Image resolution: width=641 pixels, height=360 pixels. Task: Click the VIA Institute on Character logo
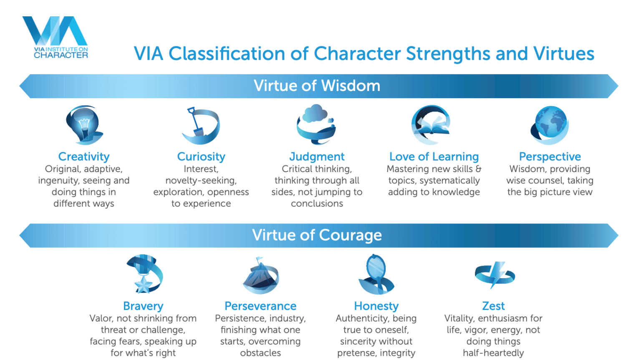click(56, 37)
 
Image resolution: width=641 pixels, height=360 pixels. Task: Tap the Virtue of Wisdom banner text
click(317, 86)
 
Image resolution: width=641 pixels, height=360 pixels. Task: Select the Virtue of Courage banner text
click(317, 235)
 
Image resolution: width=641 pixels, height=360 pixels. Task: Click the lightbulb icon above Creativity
click(84, 125)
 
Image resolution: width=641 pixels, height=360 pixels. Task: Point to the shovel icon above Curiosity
click(201, 125)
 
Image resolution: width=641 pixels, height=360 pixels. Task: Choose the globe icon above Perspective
click(550, 125)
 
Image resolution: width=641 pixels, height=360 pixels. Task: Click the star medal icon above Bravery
click(144, 274)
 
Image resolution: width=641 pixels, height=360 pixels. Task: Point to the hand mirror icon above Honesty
click(376, 274)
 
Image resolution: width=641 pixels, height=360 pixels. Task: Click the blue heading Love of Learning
click(434, 157)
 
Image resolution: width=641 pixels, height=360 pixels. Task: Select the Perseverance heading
click(260, 306)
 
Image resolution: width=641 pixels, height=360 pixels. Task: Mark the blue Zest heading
click(493, 306)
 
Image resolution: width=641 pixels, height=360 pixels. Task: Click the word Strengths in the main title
click(448, 53)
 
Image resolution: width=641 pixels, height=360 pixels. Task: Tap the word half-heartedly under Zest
click(493, 353)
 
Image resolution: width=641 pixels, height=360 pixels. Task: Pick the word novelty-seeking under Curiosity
click(201, 181)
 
